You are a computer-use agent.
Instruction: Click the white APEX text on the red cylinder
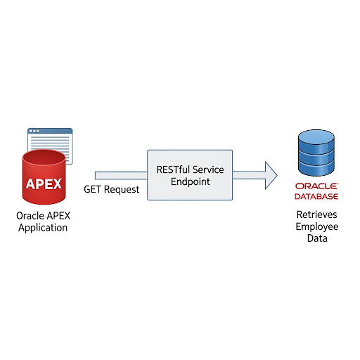point(44,184)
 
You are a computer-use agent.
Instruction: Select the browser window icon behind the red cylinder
point(50,146)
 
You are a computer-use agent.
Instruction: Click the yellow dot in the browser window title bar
point(38,131)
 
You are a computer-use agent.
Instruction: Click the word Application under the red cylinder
point(43,228)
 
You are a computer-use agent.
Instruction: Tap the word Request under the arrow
point(122,190)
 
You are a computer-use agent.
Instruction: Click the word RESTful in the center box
point(173,169)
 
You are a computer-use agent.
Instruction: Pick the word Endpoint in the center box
point(191,181)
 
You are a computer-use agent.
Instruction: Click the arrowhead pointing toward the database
point(271,175)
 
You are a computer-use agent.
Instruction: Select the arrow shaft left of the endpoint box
point(121,176)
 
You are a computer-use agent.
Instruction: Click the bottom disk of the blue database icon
point(316,167)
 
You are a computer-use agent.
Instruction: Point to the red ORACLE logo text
point(316,186)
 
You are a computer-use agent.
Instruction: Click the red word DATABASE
point(316,196)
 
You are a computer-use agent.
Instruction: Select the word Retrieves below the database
point(317,214)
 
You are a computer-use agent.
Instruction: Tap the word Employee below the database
point(317,227)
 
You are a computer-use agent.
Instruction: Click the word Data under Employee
point(317,238)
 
